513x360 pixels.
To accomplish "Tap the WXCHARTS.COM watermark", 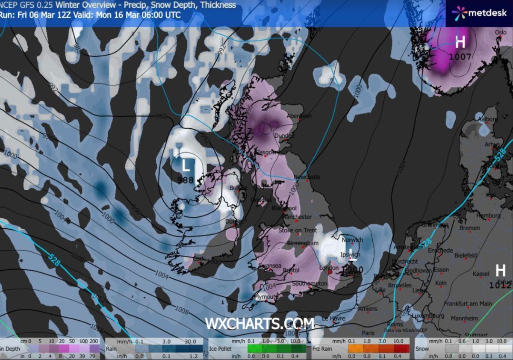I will [259, 323].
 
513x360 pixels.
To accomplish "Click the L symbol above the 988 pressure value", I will [186, 165].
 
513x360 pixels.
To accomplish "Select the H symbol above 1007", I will [460, 42].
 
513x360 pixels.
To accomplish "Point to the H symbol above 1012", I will [500, 270].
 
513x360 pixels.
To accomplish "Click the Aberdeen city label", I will [299, 116].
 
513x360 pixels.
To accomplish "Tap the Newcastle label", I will [307, 177].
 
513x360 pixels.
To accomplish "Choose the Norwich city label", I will [353, 240].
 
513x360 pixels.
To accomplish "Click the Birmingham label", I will [303, 243].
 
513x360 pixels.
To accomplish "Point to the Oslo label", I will [500, 32].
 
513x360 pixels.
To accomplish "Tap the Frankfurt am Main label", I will [467, 304].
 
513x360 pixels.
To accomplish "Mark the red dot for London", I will [330, 271].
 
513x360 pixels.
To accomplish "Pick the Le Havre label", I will [333, 319].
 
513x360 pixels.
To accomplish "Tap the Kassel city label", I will [481, 273].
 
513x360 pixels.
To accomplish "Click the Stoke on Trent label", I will [298, 230].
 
